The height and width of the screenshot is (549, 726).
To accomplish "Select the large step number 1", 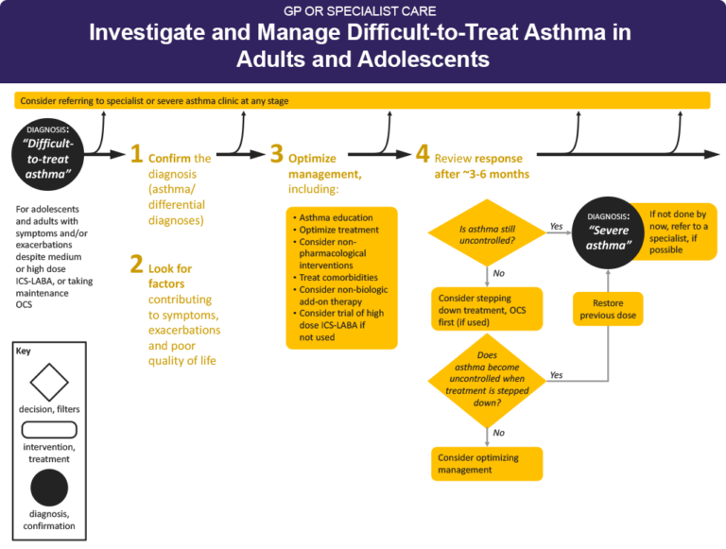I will [136, 154].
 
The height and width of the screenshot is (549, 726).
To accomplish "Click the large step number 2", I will [136, 266].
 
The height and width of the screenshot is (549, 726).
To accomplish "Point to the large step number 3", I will [276, 154].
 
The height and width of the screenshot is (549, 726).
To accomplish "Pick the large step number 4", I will [423, 154].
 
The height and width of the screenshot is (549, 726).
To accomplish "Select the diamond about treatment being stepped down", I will [487, 380].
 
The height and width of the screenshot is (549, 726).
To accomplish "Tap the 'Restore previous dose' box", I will [608, 309].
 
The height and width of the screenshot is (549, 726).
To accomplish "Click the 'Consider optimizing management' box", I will [487, 463].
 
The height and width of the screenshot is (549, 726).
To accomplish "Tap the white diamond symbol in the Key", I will [49, 382].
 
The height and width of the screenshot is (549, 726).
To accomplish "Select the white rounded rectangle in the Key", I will [49, 430].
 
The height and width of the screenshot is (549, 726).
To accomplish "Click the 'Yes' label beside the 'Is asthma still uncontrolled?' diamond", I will [557, 227].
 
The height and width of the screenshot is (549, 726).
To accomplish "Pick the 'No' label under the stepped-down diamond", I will [499, 433].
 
